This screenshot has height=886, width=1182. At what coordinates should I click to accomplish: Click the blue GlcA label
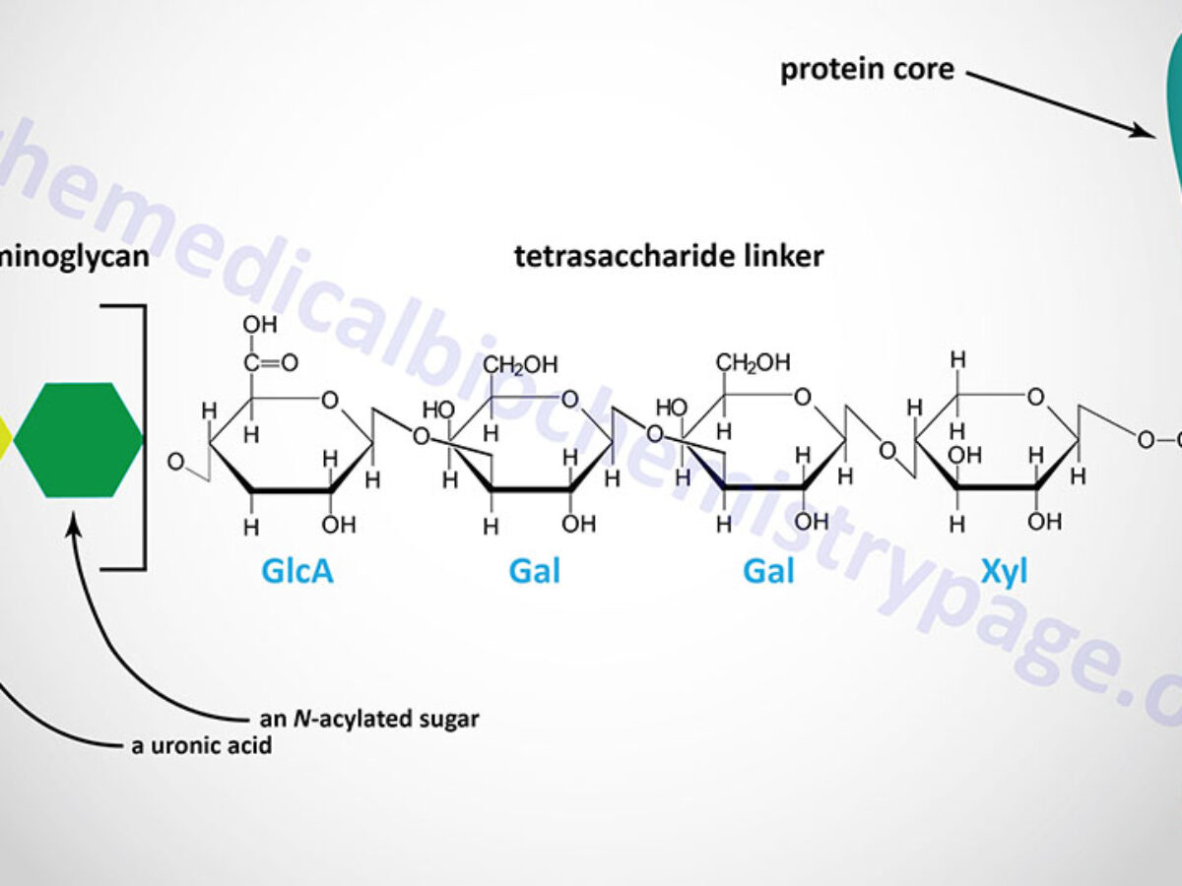click(x=296, y=571)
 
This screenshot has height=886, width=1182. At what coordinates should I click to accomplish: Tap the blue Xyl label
click(x=1004, y=571)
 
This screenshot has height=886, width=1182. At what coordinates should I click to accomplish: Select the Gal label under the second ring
click(x=535, y=571)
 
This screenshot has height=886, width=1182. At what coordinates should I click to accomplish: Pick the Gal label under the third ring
click(x=768, y=571)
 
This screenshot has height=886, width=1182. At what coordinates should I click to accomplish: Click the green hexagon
click(x=78, y=439)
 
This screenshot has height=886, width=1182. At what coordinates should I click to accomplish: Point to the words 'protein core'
click(x=867, y=71)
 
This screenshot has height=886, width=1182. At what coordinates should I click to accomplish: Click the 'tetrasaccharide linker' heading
click(x=669, y=257)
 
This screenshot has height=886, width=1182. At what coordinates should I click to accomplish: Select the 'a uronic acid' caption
click(x=202, y=745)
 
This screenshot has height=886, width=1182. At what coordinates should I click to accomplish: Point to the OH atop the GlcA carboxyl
click(x=259, y=324)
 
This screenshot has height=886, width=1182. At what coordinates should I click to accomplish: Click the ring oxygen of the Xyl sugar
click(x=1034, y=397)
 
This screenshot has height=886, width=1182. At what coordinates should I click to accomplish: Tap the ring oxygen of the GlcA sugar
click(x=329, y=399)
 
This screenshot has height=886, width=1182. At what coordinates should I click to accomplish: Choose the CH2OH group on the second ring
click(x=520, y=365)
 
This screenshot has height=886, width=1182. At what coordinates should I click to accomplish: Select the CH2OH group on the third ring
click(x=754, y=362)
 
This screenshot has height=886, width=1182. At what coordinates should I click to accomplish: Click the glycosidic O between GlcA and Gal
click(x=421, y=436)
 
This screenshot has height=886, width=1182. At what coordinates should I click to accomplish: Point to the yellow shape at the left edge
click(x=5, y=439)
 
